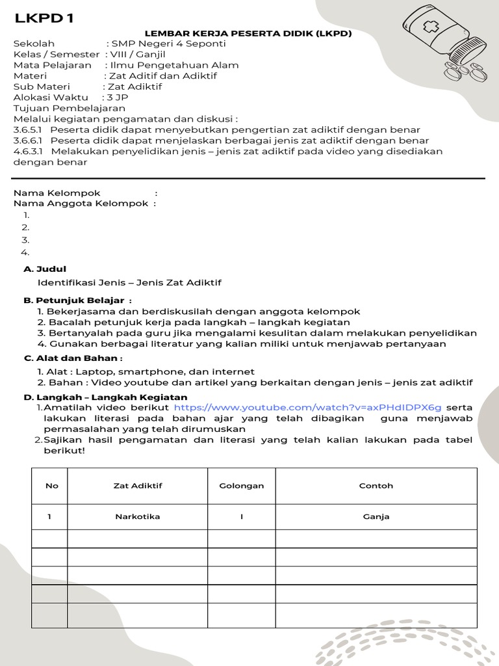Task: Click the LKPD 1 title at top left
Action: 44,18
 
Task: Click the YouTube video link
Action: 307,408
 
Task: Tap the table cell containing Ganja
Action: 376,516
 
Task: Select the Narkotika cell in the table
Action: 137,516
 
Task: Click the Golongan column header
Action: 241,486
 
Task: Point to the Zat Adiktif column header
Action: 137,486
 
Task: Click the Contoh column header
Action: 376,486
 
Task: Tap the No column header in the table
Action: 51,486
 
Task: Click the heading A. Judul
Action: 45,269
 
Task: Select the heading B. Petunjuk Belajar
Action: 77,300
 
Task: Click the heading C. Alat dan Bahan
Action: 73,358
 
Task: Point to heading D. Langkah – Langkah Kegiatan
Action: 105,397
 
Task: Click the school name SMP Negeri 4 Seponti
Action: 169,44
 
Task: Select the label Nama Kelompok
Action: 57,193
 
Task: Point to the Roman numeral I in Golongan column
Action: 241,516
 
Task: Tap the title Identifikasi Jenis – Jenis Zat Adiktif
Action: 129,283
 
